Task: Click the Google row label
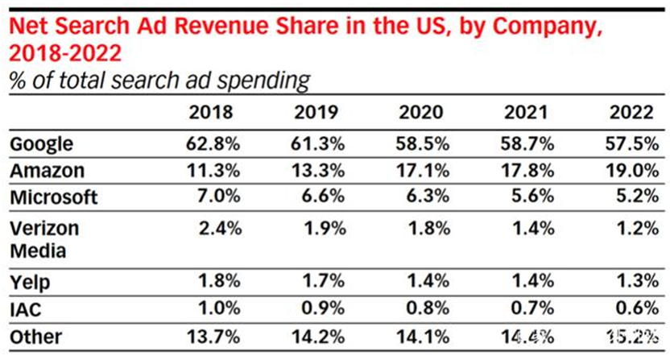41,145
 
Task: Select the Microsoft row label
53,197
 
